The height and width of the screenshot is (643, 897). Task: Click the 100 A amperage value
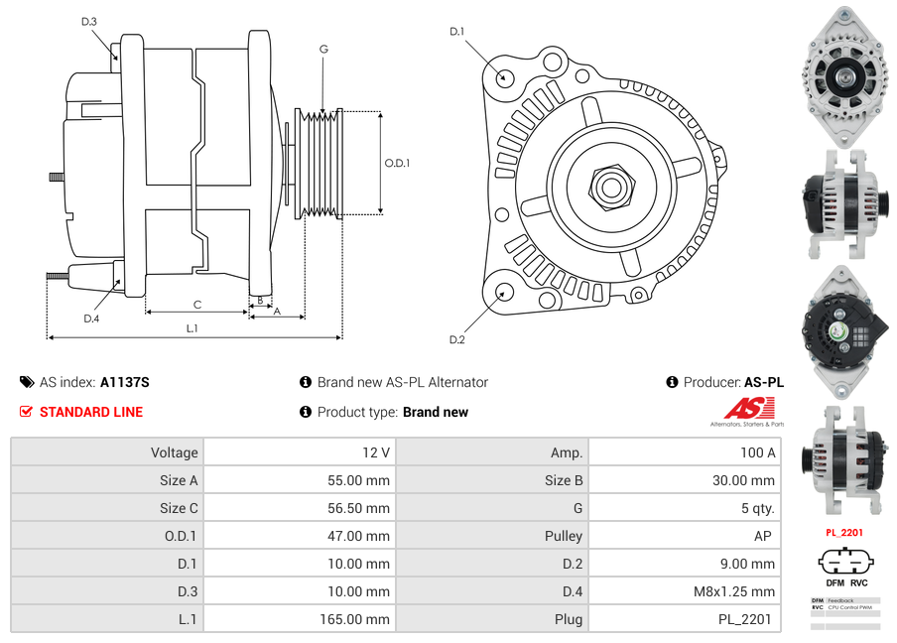[x=758, y=452]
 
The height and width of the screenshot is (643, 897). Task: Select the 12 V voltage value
[x=376, y=452]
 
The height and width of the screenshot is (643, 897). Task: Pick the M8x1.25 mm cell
[x=735, y=591]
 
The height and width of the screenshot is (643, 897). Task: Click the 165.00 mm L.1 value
[x=359, y=619]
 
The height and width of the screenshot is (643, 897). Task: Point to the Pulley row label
[x=564, y=536]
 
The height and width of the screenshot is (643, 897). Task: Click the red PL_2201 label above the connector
[x=844, y=533]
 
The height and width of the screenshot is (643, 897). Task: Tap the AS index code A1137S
[x=125, y=382]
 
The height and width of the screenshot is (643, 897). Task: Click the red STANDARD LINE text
[x=91, y=412]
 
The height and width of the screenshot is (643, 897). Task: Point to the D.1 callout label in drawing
[x=456, y=32]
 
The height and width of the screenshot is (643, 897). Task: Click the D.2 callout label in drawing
[x=456, y=339]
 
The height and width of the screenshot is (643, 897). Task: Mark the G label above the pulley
[x=323, y=49]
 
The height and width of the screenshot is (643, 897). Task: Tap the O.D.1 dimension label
[x=397, y=164]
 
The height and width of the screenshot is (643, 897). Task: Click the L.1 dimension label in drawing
[x=192, y=328]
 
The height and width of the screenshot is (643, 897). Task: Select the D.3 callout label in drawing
[x=89, y=21]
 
